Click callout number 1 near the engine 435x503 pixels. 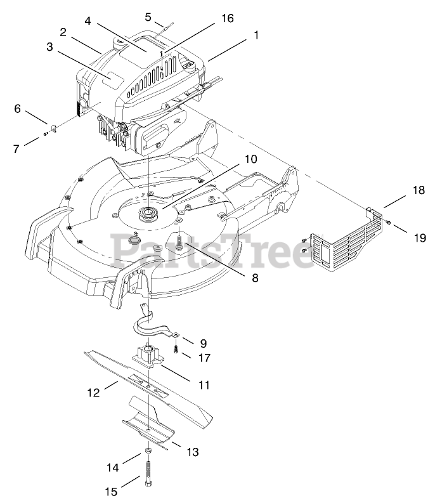[256, 36]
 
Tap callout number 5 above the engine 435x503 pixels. [148, 17]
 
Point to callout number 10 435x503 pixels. [234, 159]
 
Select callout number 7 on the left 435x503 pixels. [17, 148]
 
